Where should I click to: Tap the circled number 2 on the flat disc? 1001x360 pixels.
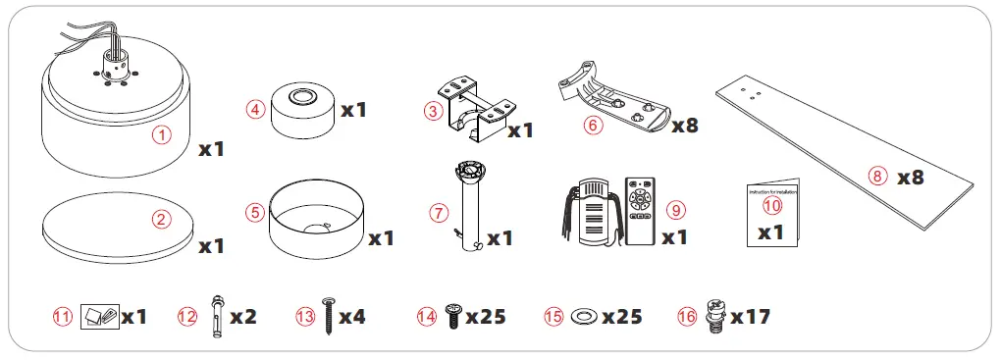(x=161, y=220)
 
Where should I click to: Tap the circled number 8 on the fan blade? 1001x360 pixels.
(x=876, y=177)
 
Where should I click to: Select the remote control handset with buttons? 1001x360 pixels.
(x=642, y=208)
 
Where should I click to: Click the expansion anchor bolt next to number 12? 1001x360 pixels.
(x=214, y=315)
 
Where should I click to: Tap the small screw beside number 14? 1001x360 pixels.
(x=452, y=315)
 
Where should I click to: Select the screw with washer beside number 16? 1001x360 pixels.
(x=715, y=316)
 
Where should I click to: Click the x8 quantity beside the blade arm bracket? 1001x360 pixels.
(x=684, y=126)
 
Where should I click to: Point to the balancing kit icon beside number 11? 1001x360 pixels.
(x=99, y=315)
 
